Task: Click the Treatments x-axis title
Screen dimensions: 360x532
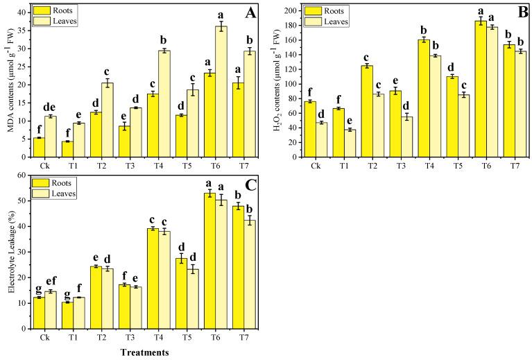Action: click(x=141, y=352)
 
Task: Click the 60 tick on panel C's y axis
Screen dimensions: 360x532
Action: click(x=22, y=175)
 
